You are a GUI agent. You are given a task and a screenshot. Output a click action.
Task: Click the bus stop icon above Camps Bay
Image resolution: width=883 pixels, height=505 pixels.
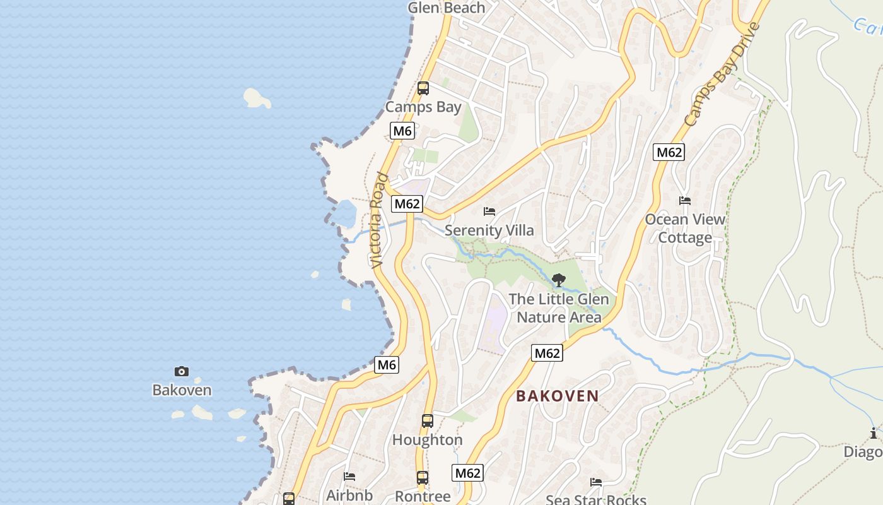pos(423,88)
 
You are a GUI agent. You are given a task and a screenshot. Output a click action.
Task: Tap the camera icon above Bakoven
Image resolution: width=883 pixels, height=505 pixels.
pos(182,371)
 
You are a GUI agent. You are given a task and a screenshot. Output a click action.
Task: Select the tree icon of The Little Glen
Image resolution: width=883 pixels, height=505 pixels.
pos(558,280)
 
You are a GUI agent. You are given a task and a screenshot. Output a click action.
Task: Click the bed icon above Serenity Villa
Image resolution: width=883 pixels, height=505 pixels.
pos(489,211)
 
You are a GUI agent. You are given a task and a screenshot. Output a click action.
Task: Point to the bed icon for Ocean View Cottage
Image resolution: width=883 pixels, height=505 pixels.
pos(685,201)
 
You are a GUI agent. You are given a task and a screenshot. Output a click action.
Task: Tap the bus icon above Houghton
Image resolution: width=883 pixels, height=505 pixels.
pos(428,420)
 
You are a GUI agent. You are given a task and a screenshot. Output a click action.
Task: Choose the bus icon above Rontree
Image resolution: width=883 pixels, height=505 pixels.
pos(423,477)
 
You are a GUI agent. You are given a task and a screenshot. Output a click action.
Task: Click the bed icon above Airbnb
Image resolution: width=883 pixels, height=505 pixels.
pos(349,476)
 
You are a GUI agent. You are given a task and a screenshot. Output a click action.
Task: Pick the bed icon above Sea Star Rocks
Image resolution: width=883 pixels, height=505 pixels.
pos(596,482)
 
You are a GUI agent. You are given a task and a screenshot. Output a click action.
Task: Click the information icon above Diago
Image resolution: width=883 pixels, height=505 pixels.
pos(874,433)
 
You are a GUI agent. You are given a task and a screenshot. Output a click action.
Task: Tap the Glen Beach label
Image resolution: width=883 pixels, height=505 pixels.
pos(447,8)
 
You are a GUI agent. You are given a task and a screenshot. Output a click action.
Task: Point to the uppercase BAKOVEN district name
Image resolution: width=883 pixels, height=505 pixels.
pos(558,396)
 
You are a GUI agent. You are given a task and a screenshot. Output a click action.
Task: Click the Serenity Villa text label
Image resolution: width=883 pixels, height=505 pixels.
pos(489,230)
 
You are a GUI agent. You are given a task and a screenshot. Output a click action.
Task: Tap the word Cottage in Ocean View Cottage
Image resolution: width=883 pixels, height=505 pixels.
pos(685,238)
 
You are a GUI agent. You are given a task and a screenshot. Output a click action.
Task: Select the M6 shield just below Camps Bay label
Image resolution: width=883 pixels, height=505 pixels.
pos(402,131)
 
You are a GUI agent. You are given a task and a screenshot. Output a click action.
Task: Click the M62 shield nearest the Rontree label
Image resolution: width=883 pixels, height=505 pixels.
pos(468,473)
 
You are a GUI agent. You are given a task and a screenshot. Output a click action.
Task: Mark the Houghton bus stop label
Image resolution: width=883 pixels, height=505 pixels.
pos(428,439)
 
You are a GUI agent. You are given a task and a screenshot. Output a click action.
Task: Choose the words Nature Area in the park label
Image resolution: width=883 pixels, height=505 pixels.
pos(559,317)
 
